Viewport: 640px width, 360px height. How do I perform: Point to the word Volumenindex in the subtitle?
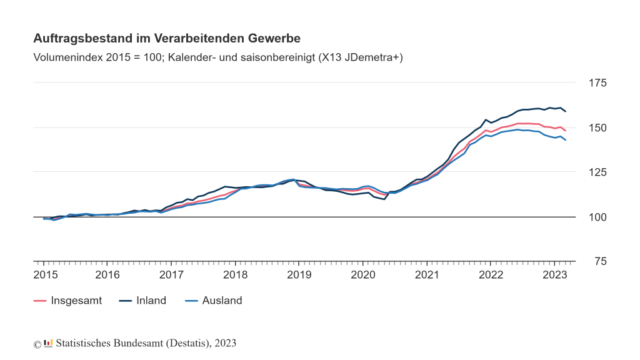(x=66, y=57)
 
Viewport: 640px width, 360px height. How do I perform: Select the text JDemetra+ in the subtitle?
(x=372, y=57)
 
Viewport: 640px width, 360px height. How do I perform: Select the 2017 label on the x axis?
(x=172, y=275)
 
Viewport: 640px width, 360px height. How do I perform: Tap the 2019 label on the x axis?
(x=299, y=275)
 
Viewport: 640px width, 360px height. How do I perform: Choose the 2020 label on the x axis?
(x=363, y=275)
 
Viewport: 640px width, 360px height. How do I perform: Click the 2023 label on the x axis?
(x=554, y=275)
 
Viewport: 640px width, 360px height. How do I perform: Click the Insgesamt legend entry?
(x=76, y=301)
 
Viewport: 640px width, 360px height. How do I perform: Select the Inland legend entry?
(x=151, y=301)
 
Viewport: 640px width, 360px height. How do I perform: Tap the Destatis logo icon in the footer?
(x=48, y=343)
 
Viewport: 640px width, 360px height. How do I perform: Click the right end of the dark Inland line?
(x=566, y=111)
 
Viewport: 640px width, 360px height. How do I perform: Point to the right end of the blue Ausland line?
(x=566, y=140)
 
